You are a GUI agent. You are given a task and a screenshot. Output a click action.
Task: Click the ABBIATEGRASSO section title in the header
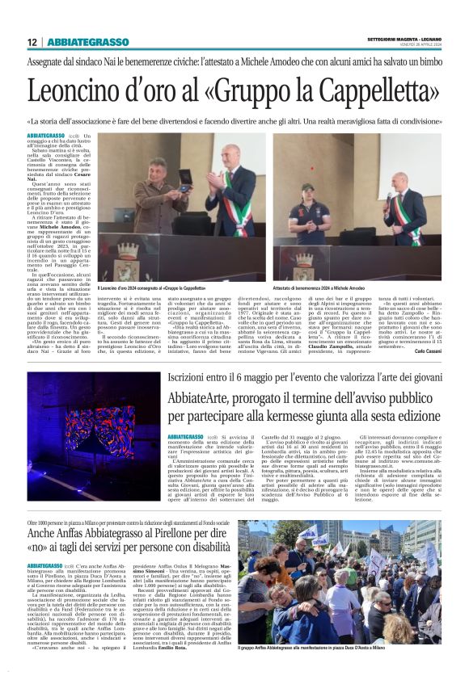(x=88, y=42)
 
